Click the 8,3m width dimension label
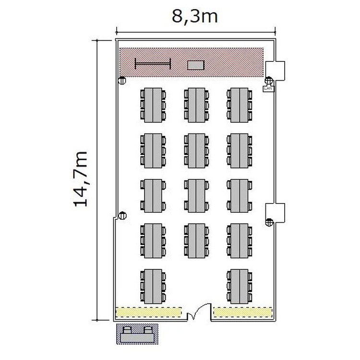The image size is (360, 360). pyautogui.click(x=195, y=17)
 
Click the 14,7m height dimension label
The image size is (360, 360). pyautogui.click(x=81, y=179)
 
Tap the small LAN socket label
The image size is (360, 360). pyautogui.click(x=268, y=88)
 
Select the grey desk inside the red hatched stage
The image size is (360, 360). pyautogui.click(x=196, y=65)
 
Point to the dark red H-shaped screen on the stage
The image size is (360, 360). pyautogui.click(x=153, y=63)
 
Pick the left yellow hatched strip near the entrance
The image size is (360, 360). pyautogui.click(x=148, y=312)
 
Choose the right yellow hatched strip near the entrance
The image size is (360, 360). pyautogui.click(x=243, y=312)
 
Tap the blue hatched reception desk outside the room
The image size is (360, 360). pyautogui.click(x=137, y=334)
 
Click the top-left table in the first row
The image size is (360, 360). pyautogui.click(x=153, y=105)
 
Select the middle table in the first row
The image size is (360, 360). pyautogui.click(x=196, y=105)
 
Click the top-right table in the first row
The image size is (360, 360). pyautogui.click(x=240, y=105)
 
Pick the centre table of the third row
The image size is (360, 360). pyautogui.click(x=196, y=196)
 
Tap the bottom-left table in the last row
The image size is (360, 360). pyautogui.click(x=153, y=287)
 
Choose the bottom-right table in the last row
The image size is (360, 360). pyautogui.click(x=240, y=287)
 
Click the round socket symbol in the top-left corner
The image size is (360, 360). pyautogui.click(x=122, y=81)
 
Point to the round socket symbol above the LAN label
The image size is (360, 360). pyautogui.click(x=269, y=81)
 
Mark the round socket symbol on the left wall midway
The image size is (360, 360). pyautogui.click(x=122, y=216)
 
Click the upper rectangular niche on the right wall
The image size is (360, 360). pyautogui.click(x=276, y=71)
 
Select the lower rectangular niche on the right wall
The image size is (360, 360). pyautogui.click(x=276, y=213)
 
